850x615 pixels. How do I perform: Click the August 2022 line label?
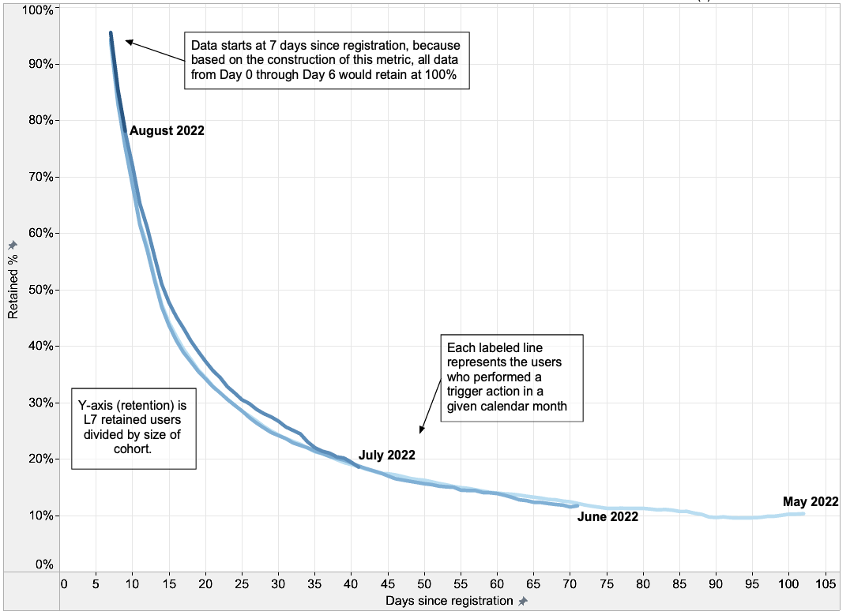pyautogui.click(x=167, y=131)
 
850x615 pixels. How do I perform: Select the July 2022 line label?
pyautogui.click(x=386, y=455)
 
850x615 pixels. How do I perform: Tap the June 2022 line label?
pyautogui.click(x=607, y=517)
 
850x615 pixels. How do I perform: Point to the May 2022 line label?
pyautogui.click(x=811, y=501)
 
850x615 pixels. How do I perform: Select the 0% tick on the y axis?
pyautogui.click(x=43, y=564)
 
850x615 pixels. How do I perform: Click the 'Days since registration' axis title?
pyautogui.click(x=449, y=602)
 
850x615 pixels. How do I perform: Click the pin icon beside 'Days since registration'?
pyautogui.click(x=522, y=602)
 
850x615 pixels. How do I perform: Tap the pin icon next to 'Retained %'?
pyautogui.click(x=13, y=246)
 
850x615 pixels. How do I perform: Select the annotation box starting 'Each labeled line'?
pyautogui.click(x=511, y=379)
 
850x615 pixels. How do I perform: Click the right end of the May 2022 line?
pyautogui.click(x=803, y=514)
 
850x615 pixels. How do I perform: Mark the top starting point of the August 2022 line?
pyautogui.click(x=111, y=33)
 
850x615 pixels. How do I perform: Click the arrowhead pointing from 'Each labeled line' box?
pyautogui.click(x=421, y=431)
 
